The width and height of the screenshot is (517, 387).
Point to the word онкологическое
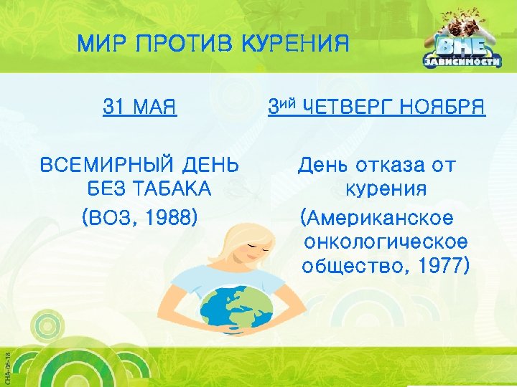pyautogui.click(x=386, y=242)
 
